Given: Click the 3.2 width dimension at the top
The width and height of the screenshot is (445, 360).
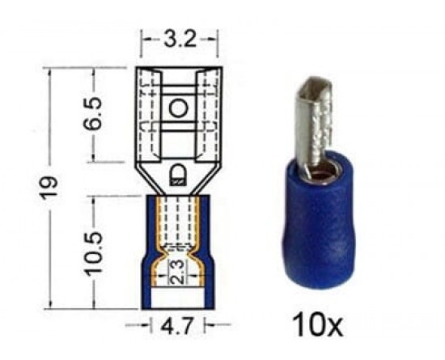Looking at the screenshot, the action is [x=180, y=39].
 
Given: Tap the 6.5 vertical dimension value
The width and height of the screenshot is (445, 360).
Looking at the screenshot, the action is [x=94, y=113].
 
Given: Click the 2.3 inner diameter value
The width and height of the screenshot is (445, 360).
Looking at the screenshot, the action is [x=178, y=272].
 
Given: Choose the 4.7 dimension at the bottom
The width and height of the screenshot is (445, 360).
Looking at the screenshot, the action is [x=177, y=326].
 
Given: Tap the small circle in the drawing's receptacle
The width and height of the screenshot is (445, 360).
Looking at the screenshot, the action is [x=179, y=108].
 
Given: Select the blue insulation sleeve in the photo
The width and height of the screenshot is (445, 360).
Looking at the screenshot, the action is [x=320, y=224].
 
